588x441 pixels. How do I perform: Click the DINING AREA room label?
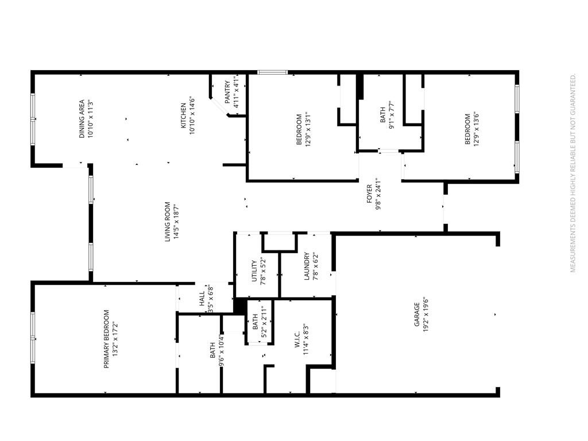point(82,119)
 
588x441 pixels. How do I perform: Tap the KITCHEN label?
point(183,115)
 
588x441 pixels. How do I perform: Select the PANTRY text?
point(227,92)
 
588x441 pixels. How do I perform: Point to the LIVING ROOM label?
point(168,222)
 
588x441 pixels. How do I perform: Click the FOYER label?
point(369,194)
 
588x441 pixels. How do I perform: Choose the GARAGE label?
point(417,314)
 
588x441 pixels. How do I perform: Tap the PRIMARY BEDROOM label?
point(106,339)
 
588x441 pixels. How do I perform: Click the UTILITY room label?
point(254,271)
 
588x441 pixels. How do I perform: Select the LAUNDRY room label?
point(307,266)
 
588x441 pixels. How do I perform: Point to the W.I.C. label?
point(297,339)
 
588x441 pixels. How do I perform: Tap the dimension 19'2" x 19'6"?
point(425,315)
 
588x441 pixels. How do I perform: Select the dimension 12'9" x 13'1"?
point(308,129)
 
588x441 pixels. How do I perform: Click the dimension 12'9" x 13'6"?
point(477,129)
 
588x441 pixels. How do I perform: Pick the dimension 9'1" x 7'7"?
point(392,115)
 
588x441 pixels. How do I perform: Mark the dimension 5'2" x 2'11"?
point(264,322)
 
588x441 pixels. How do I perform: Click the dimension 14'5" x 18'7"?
point(177,222)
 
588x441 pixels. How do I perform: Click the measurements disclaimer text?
point(572,173)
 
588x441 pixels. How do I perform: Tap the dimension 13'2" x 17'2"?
point(115,339)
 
